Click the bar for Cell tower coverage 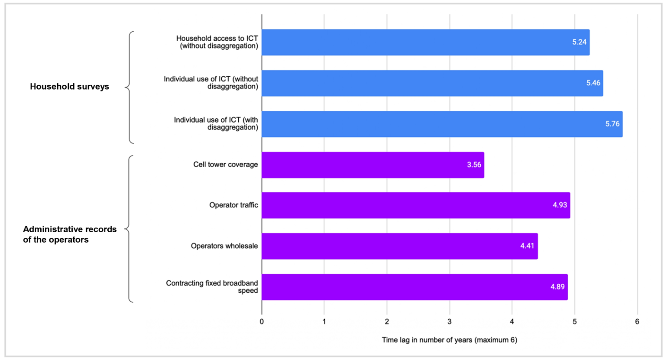click(x=372, y=165)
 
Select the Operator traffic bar click(x=416, y=205)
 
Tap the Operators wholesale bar click(x=399, y=246)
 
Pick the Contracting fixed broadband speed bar click(x=414, y=287)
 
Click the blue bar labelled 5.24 click(x=425, y=42)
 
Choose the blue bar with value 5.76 click(x=442, y=124)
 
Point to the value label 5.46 click(x=593, y=83)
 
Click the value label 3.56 click(x=474, y=165)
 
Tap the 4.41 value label click(x=527, y=246)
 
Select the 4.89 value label click(x=557, y=287)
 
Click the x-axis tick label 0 click(x=262, y=321)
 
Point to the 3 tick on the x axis click(x=450, y=321)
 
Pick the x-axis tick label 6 click(x=637, y=321)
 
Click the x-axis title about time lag click(x=449, y=340)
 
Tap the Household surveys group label click(x=69, y=87)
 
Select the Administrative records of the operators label click(x=69, y=234)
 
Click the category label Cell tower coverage click(x=225, y=165)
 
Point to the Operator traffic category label click(x=233, y=205)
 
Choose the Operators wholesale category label click(x=224, y=246)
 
